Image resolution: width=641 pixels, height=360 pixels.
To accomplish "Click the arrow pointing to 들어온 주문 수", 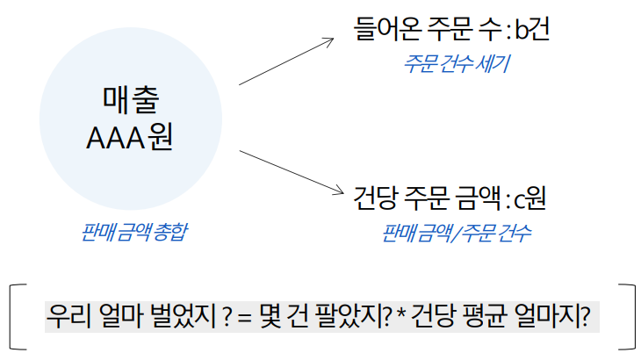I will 286,61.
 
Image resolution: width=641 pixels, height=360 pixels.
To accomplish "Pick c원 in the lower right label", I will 529,198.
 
